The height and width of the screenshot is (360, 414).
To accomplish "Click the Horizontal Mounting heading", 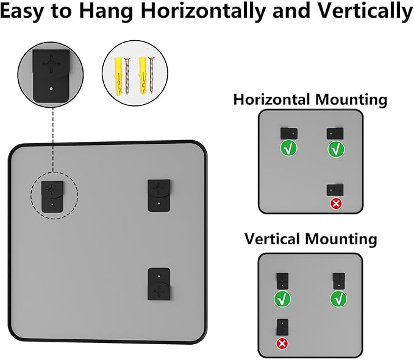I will [310, 99].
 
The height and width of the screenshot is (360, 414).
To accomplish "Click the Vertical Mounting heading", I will [310, 238].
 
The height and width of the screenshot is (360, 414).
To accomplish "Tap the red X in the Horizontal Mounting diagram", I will [335, 203].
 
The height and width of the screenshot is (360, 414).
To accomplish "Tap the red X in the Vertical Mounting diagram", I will [282, 344].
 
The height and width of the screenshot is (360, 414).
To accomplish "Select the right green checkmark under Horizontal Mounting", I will [336, 149].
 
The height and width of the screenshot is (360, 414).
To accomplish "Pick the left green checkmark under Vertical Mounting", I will [282, 298].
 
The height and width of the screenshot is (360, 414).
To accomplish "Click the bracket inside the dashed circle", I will [54, 195].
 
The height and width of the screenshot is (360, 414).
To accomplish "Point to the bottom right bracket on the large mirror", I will [160, 283].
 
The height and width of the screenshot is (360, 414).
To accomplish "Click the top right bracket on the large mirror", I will [159, 194].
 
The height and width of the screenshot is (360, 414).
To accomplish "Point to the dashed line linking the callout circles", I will [54, 137].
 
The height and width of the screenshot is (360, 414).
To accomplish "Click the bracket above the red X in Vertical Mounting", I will [282, 326].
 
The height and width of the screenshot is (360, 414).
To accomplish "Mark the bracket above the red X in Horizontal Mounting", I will [335, 189].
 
